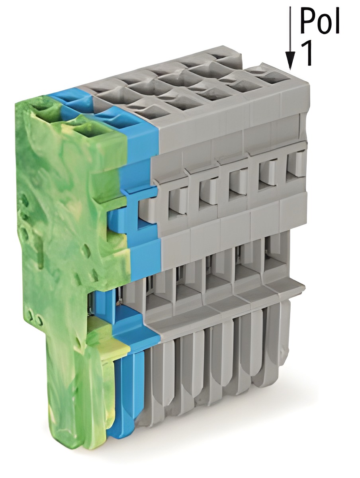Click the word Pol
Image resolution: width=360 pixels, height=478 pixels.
point(319,21)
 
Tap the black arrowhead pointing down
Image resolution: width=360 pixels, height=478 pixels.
point(290,61)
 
